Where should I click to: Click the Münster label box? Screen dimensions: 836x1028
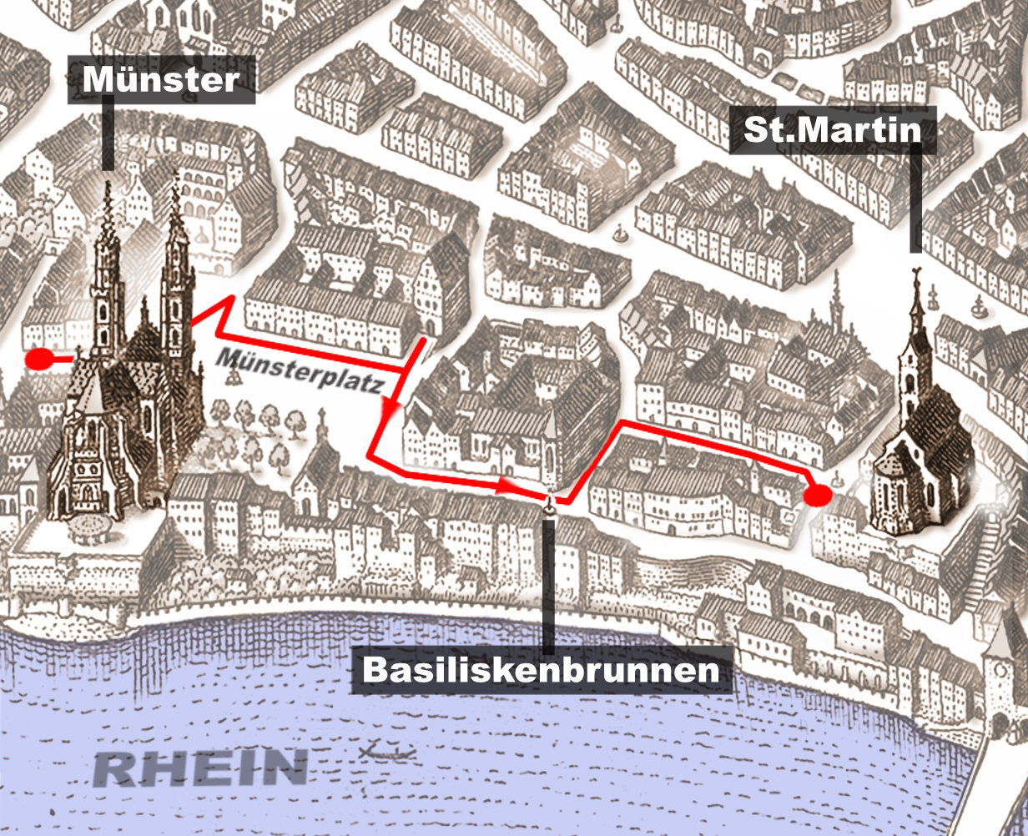tap(161, 80)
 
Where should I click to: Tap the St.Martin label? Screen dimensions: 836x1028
tap(832, 130)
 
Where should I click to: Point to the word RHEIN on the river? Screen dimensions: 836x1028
tap(200, 768)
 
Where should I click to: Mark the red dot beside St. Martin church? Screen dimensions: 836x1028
tap(818, 495)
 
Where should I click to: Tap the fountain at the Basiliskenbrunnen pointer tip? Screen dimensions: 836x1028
tap(549, 503)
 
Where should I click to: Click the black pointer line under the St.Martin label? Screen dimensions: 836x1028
tap(915, 200)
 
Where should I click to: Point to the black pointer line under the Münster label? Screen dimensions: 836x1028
tap(108, 133)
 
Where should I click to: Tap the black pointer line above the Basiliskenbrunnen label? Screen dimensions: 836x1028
tap(548, 584)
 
